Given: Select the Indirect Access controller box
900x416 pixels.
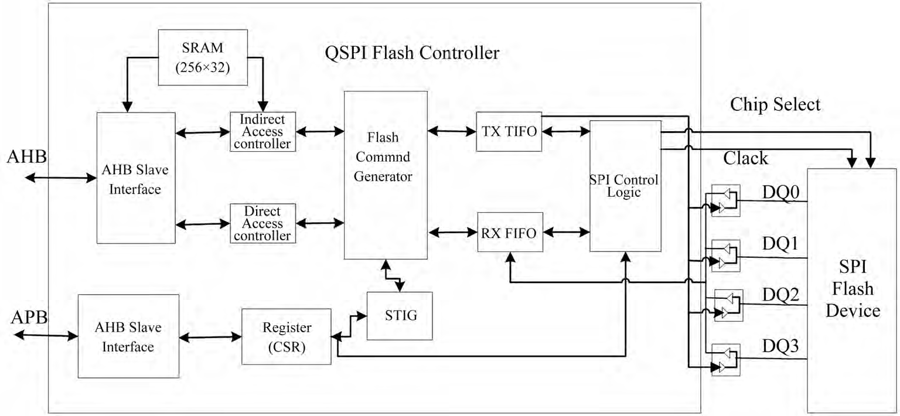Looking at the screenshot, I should (262, 131).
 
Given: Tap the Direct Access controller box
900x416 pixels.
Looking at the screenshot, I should (262, 223).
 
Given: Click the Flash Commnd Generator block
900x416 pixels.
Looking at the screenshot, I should (385, 175).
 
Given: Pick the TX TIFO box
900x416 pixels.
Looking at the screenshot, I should (509, 131).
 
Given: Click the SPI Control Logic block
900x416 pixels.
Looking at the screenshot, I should (625, 186).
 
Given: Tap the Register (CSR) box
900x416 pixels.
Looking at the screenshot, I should (287, 336).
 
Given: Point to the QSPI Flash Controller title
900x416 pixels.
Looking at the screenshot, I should (412, 53).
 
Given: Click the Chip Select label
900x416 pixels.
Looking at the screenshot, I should (775, 105).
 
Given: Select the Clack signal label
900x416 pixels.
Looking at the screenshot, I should (745, 158).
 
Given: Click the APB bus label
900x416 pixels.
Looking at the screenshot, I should (29, 318).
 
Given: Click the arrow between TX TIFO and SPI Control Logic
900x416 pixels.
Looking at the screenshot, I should (565, 131).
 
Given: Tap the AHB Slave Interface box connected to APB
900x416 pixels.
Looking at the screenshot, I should (128, 336).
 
